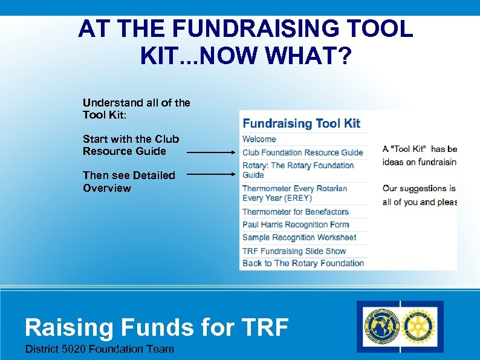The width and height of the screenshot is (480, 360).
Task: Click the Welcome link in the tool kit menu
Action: [259, 139]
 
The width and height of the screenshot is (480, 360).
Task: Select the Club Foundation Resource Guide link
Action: [302, 152]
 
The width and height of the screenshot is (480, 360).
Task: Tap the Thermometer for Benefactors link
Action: [296, 212]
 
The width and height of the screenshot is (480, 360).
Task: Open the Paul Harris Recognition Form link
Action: [296, 224]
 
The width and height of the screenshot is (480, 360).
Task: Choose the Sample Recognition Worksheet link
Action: [299, 238]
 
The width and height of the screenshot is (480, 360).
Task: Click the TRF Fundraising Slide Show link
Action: [294, 250]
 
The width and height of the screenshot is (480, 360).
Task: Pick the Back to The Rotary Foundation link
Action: [303, 263]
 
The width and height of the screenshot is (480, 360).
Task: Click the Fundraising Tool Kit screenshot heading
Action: [301, 123]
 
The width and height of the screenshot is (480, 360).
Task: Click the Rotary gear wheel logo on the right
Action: [420, 327]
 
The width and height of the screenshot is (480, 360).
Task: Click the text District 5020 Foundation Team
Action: [99, 349]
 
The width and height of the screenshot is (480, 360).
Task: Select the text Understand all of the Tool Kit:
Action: [136, 108]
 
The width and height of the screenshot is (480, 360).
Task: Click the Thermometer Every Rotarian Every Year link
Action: [294, 193]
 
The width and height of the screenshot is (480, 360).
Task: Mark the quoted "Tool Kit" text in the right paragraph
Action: [410, 149]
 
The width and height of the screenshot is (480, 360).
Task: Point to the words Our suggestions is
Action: [418, 188]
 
